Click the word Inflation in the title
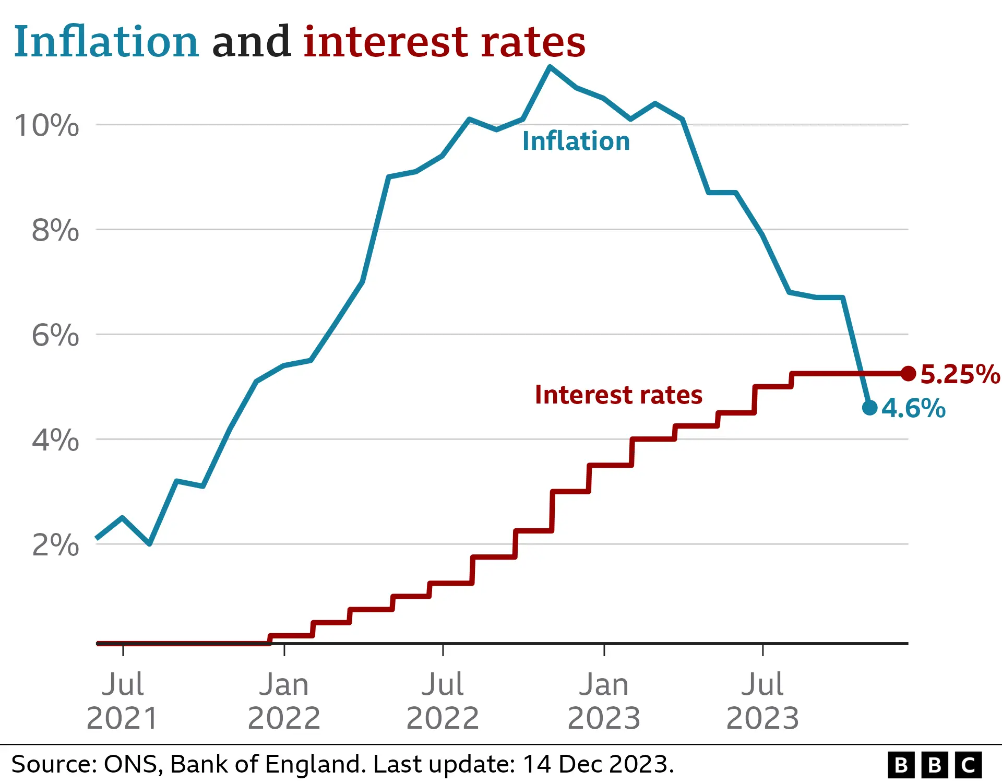[x=106, y=42]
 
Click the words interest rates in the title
[x=444, y=42]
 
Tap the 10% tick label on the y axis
[x=47, y=126]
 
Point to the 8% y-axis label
[x=55, y=230]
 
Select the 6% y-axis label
[x=55, y=335]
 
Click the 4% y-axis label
[x=55, y=440]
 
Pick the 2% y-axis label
[x=55, y=545]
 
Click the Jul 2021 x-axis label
[x=122, y=701]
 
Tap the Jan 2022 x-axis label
[x=284, y=701]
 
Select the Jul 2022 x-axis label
[x=443, y=701]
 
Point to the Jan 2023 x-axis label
[x=604, y=701]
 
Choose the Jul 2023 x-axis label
[x=762, y=701]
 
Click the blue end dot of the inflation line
[x=870, y=408]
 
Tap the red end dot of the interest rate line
[x=909, y=373]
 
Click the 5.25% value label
[x=959, y=374]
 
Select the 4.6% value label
[x=914, y=408]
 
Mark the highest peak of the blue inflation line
[x=550, y=67]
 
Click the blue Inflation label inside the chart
[x=576, y=141]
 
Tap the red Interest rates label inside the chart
[x=618, y=395]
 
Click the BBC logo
[x=935, y=765]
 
